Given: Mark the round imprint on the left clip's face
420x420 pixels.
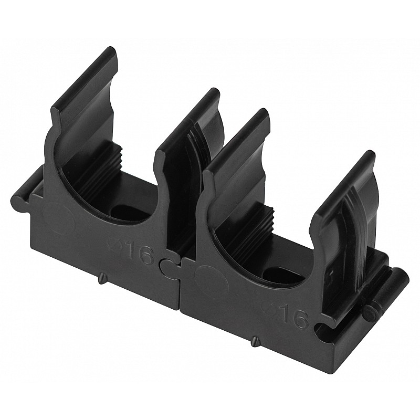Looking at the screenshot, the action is (58, 217).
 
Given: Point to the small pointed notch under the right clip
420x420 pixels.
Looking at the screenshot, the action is (256, 342).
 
